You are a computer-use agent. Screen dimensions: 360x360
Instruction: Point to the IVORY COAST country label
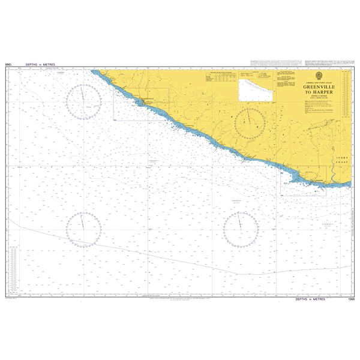pos(341,160)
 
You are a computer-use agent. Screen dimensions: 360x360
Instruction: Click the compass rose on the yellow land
pos(249,122)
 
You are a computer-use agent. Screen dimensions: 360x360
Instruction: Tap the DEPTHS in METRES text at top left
pos(38,64)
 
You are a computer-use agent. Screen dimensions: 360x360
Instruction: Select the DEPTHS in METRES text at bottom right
pos(312,299)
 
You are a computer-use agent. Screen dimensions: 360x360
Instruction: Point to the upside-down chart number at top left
pos(8,64)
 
